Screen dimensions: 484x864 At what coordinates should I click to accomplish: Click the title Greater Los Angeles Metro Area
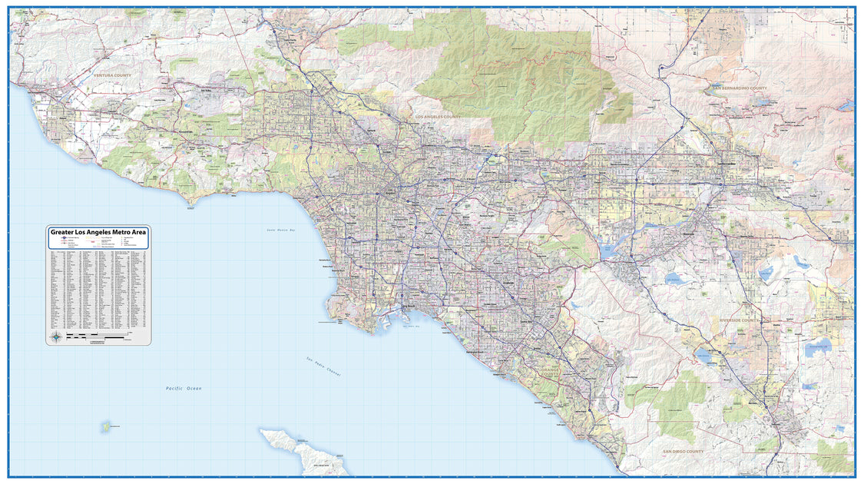coord(98,232)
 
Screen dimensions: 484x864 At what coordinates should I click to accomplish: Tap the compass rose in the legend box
coord(56,336)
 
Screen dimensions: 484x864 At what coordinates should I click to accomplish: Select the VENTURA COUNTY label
coord(112,76)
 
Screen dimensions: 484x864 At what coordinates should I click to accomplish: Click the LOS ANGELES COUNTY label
coord(438,117)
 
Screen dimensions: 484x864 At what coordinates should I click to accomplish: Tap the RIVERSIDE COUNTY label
coord(739,320)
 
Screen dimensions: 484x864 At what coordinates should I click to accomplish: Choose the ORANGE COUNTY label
coord(551,373)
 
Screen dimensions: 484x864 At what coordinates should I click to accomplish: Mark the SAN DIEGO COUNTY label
coord(684,452)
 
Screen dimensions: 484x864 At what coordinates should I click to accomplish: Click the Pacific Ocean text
coord(184,389)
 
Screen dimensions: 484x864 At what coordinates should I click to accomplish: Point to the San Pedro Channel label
coord(323,366)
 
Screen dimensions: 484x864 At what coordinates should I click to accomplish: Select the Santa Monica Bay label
coord(282,230)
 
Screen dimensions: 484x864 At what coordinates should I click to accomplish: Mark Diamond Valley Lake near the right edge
coord(819,346)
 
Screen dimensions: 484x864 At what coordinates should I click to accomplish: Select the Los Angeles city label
coord(393,190)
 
